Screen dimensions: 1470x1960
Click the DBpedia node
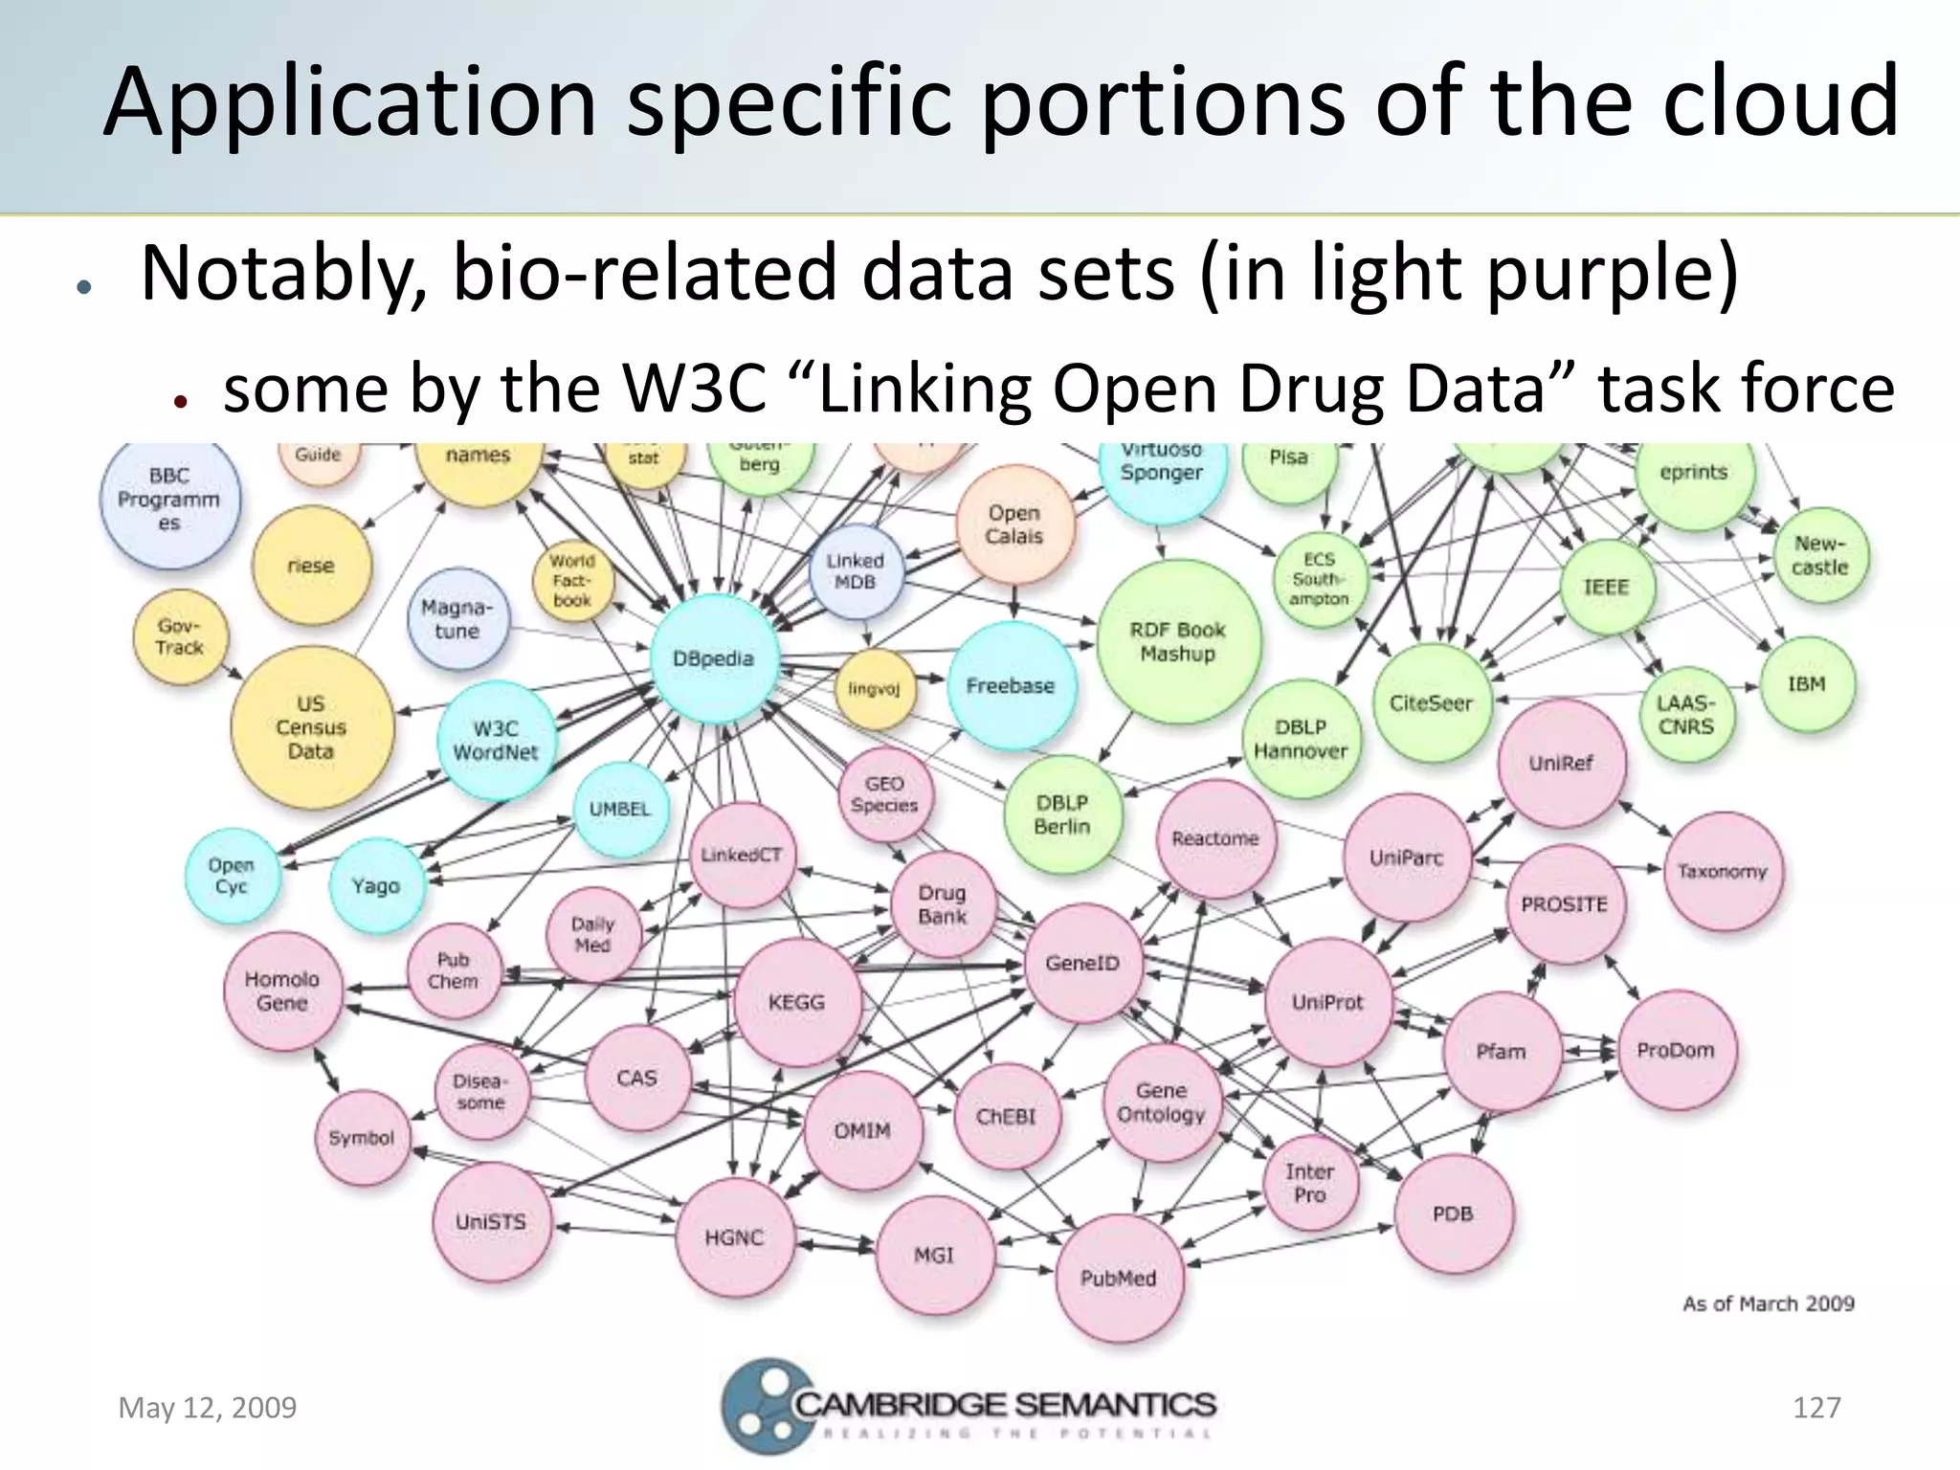713,658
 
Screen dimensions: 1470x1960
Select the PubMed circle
1119,1278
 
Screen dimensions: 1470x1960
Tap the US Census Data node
311,727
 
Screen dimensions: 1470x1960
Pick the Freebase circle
1011,686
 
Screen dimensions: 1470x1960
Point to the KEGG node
796,1002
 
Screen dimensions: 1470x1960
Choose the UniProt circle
1327,1002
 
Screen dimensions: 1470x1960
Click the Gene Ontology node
1161,1102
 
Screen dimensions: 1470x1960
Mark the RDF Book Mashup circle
1178,641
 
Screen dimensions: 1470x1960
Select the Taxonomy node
1723,871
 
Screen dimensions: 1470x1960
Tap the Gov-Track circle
180,636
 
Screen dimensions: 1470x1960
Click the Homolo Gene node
282,991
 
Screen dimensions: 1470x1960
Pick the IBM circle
1807,684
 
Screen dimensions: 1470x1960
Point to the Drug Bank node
943,904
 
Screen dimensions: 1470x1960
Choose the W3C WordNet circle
496,741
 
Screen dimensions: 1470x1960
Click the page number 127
1816,1408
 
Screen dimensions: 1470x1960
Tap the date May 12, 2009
208,1408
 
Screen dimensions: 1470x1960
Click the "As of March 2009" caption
1769,1303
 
